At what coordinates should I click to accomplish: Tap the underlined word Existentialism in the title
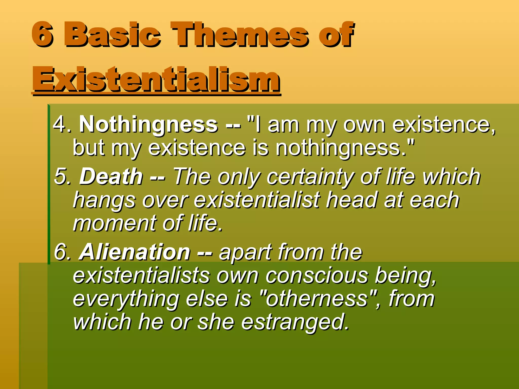tap(156, 79)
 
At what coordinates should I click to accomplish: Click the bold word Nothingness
tap(148, 124)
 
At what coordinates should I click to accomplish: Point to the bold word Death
tap(111, 176)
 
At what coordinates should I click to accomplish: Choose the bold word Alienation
tap(135, 252)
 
